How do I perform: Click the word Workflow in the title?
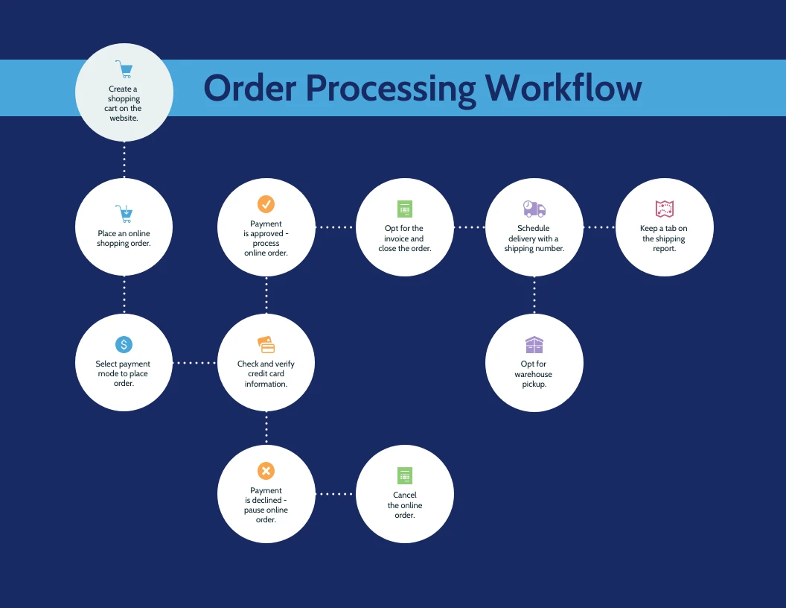coord(563,88)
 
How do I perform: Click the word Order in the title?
coord(250,88)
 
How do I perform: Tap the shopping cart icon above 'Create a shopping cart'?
coord(124,70)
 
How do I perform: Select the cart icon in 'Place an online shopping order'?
coord(124,214)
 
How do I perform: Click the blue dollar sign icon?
coord(124,344)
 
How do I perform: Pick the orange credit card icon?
coord(266,345)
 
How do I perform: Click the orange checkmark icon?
coord(266,204)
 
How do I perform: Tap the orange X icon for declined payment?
coord(266,471)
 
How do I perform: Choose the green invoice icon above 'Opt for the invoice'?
coord(405,209)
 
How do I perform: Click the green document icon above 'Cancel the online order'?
coord(405,476)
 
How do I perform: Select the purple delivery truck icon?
coord(534,209)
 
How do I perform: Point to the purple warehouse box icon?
coord(534,345)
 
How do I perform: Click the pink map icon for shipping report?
coord(664,209)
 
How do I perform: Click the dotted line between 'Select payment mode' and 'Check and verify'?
coord(195,363)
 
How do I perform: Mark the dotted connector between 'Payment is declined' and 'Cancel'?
coord(336,493)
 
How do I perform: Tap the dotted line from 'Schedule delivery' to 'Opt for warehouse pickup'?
coord(534,294)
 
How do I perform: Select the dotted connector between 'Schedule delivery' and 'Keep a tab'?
coord(599,227)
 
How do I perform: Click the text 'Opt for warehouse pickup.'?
coord(534,374)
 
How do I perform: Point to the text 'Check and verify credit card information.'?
coord(266,374)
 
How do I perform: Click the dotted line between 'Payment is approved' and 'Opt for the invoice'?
coord(336,227)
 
